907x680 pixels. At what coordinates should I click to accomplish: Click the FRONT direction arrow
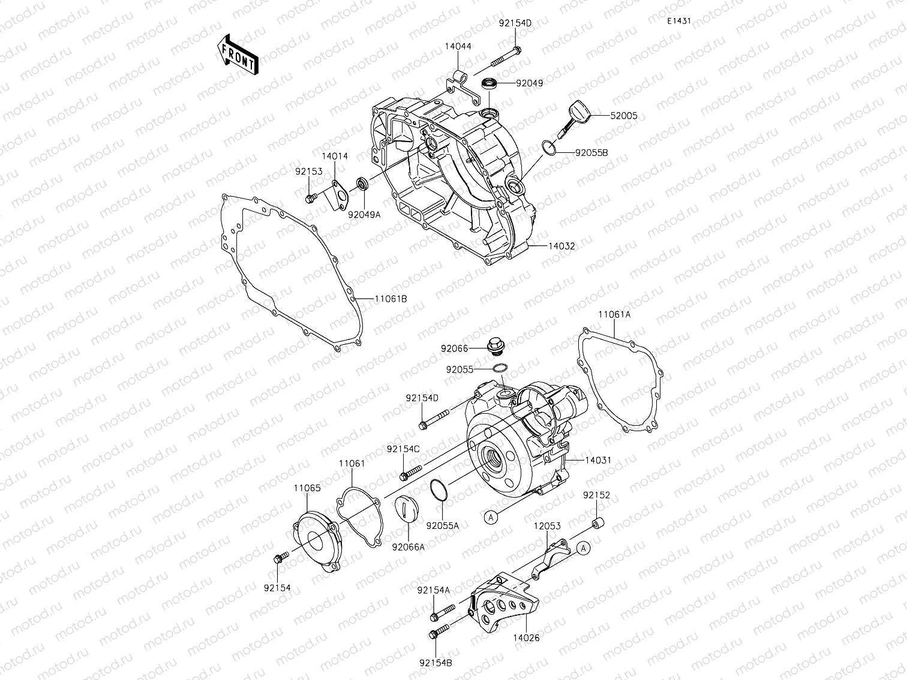tap(237, 55)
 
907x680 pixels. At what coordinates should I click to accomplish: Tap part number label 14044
tap(458, 46)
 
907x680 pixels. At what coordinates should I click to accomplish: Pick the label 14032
tap(561, 246)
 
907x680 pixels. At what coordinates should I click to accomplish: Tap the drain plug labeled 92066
tap(495, 347)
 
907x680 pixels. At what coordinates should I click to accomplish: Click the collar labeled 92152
tap(598, 525)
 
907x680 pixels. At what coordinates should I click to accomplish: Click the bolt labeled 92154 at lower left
tap(278, 559)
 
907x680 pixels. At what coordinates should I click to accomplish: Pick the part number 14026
tap(526, 637)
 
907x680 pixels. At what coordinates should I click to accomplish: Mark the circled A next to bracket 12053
tap(584, 547)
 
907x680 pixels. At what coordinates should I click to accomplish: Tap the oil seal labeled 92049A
tap(362, 182)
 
